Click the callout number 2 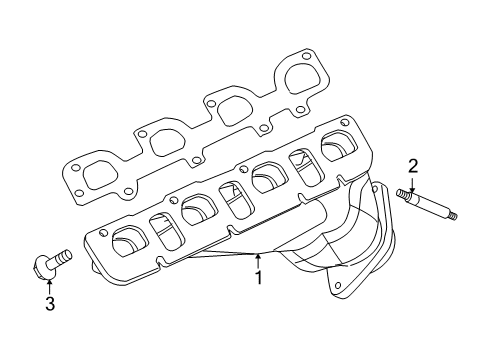(x=411, y=165)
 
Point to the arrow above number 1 (x=257, y=259)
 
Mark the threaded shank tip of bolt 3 (x=68, y=255)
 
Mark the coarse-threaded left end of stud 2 (x=404, y=193)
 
